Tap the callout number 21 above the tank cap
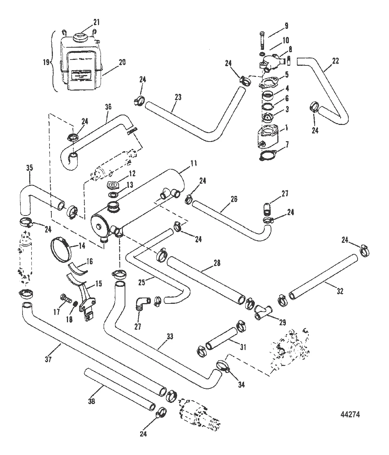97,22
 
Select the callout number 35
30,168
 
